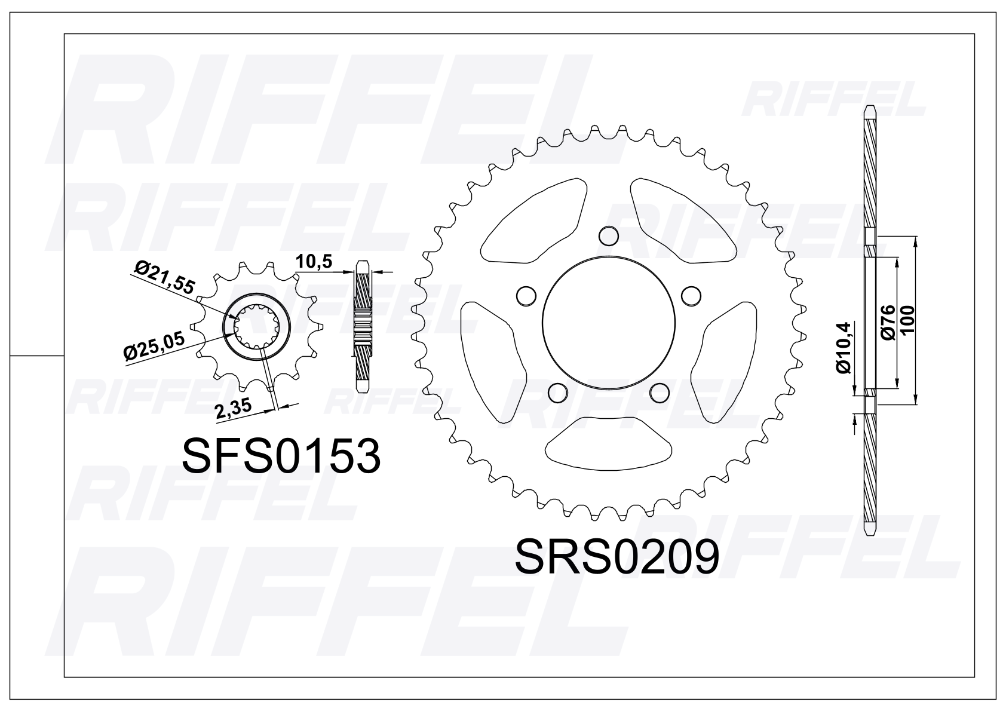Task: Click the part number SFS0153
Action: pyautogui.click(x=281, y=456)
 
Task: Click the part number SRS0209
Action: pyautogui.click(x=617, y=557)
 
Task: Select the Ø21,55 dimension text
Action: pyautogui.click(x=165, y=278)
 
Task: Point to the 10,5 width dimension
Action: pyautogui.click(x=314, y=261)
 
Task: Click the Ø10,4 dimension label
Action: pyautogui.click(x=844, y=348)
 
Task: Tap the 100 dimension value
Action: pyautogui.click(x=906, y=320)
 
